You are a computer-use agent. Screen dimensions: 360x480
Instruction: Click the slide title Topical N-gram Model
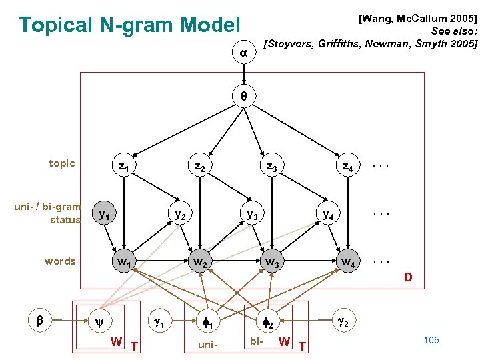[129, 25]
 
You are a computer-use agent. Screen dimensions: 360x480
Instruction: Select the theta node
[243, 96]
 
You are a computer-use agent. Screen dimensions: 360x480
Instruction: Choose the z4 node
[347, 165]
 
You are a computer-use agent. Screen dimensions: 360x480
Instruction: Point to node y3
[253, 215]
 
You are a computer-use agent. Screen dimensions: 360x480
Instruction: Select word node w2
[199, 262]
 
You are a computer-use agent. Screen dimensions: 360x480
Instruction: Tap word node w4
[347, 262]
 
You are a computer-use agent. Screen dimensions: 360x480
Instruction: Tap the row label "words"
[60, 261]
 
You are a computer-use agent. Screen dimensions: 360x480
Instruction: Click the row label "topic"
[62, 163]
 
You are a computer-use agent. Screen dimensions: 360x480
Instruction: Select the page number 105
[431, 340]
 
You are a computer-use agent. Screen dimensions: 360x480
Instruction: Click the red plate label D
[408, 277]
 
